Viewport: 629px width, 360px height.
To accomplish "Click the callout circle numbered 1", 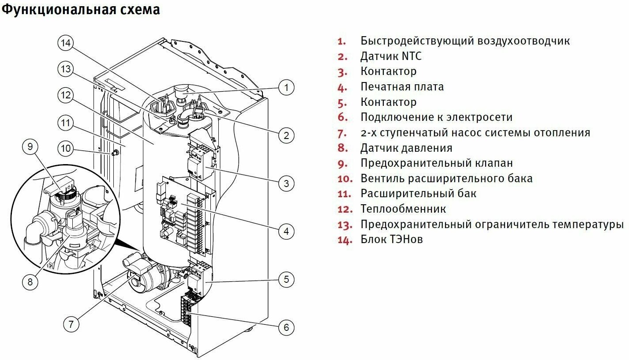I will pos(286,88).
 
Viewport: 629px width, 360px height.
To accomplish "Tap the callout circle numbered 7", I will pos(71,324).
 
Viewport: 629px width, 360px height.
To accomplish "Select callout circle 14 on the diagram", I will pos(66,43).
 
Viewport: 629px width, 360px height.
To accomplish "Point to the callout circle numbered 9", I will pos(30,146).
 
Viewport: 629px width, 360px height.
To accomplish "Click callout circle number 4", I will pos(286,231).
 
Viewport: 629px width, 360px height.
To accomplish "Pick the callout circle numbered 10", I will pos(66,148).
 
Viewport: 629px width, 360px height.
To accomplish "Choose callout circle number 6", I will pos(286,327).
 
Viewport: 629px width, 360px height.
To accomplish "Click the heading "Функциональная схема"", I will pos(81,10).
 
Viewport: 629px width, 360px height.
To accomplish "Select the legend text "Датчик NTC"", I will pos(391,56).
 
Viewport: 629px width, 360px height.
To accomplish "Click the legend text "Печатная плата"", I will pos(402,86).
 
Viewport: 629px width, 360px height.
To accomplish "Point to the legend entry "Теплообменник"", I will pos(403,209).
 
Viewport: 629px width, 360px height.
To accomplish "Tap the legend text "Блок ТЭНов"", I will pos(392,240).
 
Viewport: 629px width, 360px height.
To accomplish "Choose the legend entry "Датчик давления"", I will pos(406,148).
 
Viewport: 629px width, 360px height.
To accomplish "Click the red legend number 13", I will pos(345,225).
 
